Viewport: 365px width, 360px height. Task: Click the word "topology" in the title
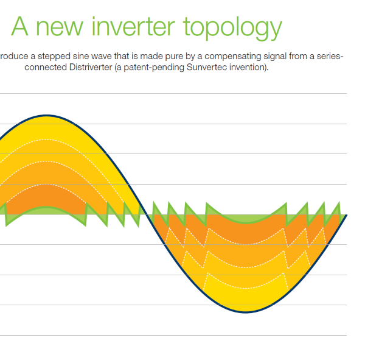(232, 28)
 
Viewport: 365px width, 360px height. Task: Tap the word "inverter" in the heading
(133, 26)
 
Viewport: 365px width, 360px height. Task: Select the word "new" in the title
(60, 29)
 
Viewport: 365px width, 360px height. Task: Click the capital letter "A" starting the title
(20, 26)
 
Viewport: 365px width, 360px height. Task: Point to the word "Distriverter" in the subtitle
(91, 68)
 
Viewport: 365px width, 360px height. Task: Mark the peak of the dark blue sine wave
(47, 115)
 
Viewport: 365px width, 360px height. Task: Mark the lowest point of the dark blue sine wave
(246, 312)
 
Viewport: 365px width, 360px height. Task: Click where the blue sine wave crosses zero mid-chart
(147, 214)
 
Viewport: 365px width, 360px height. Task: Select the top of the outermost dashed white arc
(46, 139)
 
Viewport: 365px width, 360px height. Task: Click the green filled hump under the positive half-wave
(46, 211)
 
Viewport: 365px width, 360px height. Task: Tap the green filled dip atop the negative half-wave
(246, 219)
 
